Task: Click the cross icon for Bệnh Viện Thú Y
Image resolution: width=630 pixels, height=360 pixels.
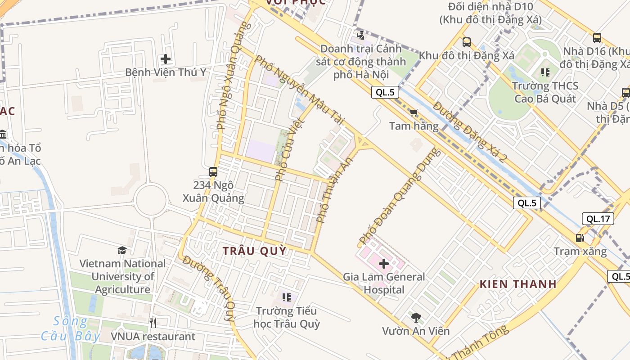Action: [x=166, y=59]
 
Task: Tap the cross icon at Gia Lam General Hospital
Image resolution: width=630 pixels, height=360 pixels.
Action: [x=384, y=264]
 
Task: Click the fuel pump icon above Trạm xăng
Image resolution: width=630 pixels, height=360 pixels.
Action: [x=580, y=238]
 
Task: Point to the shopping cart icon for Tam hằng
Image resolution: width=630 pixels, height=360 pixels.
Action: [x=414, y=112]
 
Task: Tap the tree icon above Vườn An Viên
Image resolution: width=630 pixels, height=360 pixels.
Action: [x=416, y=318]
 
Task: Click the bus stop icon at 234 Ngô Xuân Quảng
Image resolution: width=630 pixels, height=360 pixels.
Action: [x=213, y=171]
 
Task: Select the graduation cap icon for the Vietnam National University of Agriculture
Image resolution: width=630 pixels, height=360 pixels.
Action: [x=122, y=250]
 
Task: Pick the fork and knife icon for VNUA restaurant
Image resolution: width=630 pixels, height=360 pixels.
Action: [x=153, y=323]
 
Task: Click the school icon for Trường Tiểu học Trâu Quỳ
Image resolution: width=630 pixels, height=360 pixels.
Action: [x=286, y=297]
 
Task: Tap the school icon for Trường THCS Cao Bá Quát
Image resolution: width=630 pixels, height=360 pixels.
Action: [x=545, y=72]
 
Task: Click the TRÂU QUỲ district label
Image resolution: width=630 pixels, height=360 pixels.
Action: [x=255, y=251]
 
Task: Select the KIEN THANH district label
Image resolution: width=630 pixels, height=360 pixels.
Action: [x=518, y=284]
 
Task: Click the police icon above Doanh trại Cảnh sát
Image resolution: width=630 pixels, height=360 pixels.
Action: [x=360, y=35]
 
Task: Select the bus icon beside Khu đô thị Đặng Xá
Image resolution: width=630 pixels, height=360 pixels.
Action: [x=467, y=42]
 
